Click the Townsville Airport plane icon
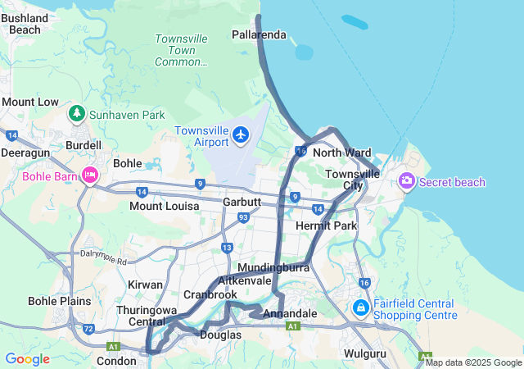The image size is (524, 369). [x=240, y=134]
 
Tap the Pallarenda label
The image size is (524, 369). [x=259, y=35]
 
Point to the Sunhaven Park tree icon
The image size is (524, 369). [x=77, y=114]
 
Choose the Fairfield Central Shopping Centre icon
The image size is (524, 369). [x=360, y=307]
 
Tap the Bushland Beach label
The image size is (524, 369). [x=25, y=24]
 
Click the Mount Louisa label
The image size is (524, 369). [x=164, y=206]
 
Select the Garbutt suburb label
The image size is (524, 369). [x=242, y=201]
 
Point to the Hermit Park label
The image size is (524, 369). [x=327, y=225]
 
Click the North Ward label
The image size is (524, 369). [x=341, y=153]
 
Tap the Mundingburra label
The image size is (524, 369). [x=271, y=267]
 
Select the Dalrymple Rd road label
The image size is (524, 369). [x=104, y=257]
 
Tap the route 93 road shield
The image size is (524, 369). [x=243, y=217]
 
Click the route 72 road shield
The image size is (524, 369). [x=88, y=329]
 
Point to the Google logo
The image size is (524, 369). [x=27, y=359]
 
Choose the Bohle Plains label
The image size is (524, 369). [x=60, y=301]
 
